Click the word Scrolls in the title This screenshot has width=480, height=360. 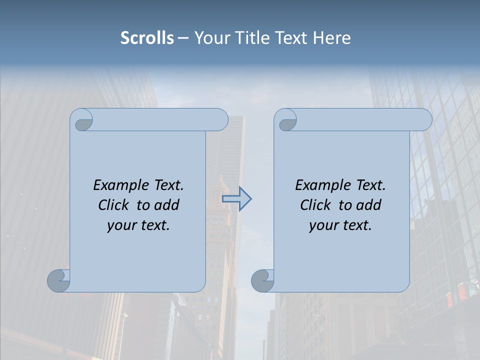tap(147, 38)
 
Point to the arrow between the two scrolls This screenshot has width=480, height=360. tap(237, 199)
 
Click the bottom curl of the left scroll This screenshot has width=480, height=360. tap(58, 280)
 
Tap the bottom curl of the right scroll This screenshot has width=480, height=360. tap(262, 280)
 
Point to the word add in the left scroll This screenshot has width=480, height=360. tap(166, 205)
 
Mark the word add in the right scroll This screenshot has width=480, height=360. tap(368, 205)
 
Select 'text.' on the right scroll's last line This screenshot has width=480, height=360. tap(356, 225)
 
